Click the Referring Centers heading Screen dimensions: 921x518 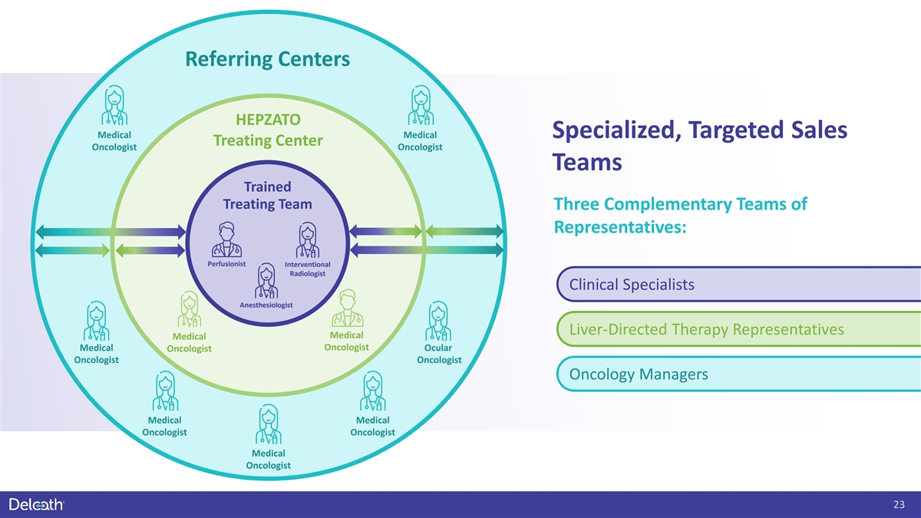[x=268, y=59]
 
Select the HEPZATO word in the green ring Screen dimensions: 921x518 [x=268, y=120]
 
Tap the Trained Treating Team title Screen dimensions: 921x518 [x=268, y=195]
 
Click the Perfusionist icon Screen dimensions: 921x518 [x=226, y=239]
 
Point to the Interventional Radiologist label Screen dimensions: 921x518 [x=308, y=269]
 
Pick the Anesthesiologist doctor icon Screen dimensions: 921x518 [x=266, y=281]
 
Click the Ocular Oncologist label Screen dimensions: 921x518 [x=439, y=354]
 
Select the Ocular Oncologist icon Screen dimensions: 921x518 [x=438, y=321]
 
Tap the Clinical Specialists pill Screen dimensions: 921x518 [x=738, y=284]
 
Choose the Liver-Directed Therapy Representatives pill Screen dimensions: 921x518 [x=738, y=329]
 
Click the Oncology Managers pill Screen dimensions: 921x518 [x=738, y=374]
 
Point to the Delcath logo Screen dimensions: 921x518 [x=37, y=504]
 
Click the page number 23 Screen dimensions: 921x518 [x=899, y=504]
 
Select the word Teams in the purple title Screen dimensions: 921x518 [x=587, y=162]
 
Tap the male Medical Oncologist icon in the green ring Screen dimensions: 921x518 [x=348, y=308]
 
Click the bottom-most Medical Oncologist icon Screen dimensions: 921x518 [x=269, y=424]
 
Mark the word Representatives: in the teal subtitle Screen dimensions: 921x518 [x=620, y=227]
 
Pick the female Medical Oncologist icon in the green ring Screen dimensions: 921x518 [x=189, y=309]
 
